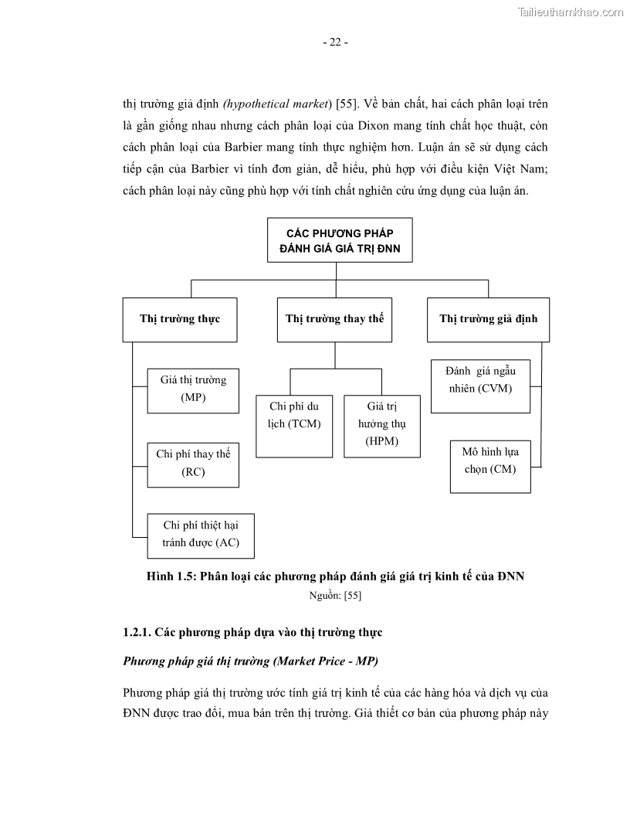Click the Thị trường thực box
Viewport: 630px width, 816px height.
(x=179, y=318)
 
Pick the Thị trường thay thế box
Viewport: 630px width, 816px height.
(x=334, y=318)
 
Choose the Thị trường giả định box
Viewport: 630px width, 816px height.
(x=488, y=318)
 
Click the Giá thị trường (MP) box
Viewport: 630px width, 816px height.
(x=193, y=389)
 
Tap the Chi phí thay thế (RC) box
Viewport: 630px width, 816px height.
(x=193, y=463)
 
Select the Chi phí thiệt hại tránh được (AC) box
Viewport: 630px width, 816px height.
(x=200, y=535)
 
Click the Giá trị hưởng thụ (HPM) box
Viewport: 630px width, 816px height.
(x=381, y=425)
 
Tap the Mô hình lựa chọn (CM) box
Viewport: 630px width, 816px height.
(x=490, y=461)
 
